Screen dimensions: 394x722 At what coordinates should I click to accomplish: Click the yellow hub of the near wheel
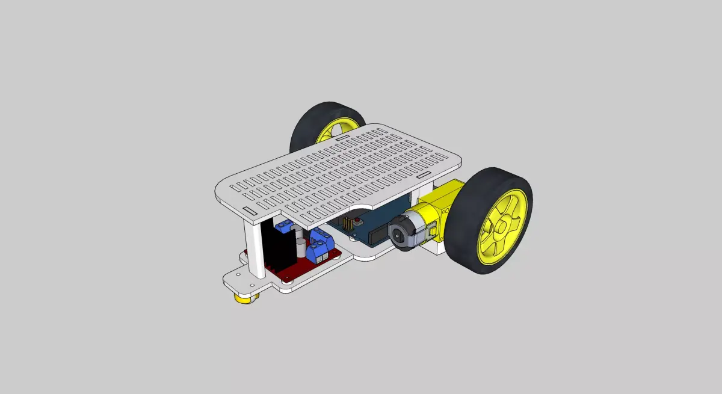pyautogui.click(x=503, y=228)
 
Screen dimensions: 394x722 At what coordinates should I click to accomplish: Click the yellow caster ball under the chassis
pyautogui.click(x=243, y=298)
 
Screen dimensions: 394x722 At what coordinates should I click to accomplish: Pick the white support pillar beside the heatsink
pyautogui.click(x=253, y=247)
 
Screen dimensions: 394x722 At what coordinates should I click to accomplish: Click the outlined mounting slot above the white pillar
pyautogui.click(x=249, y=211)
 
